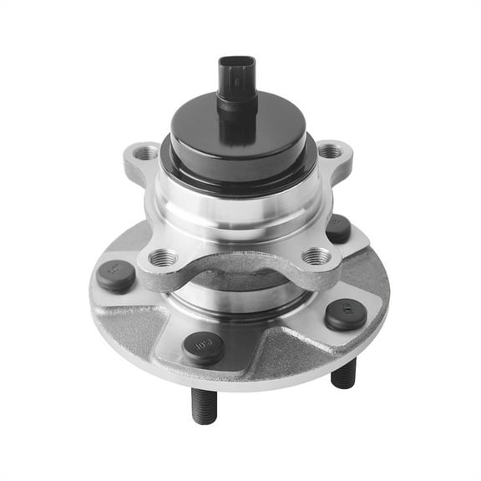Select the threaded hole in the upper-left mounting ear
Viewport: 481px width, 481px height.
[x=145, y=154]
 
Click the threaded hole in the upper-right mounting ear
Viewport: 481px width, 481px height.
[x=330, y=152]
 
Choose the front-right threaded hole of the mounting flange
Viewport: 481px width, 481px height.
[x=315, y=256]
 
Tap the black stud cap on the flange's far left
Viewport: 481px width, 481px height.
[x=116, y=276]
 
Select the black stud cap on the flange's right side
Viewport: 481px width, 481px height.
[x=345, y=314]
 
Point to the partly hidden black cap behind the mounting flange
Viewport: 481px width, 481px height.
[x=338, y=228]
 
